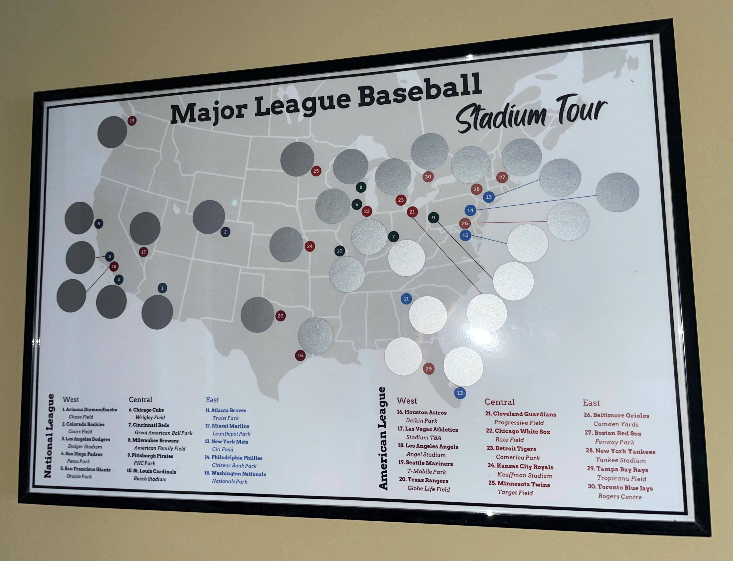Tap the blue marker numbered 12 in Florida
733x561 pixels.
pos(460,393)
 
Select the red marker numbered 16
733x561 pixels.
pos(300,355)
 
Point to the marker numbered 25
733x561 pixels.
pos(316,171)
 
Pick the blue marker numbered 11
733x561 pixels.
pos(406,299)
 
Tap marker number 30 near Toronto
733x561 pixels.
pos(428,177)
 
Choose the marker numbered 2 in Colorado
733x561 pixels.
pos(225,232)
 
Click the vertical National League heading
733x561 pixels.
pos(49,436)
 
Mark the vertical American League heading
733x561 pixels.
pos(383,438)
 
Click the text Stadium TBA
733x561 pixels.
pos(423,438)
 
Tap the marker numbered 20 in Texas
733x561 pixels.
pos(280,316)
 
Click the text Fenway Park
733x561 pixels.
pos(614,442)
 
